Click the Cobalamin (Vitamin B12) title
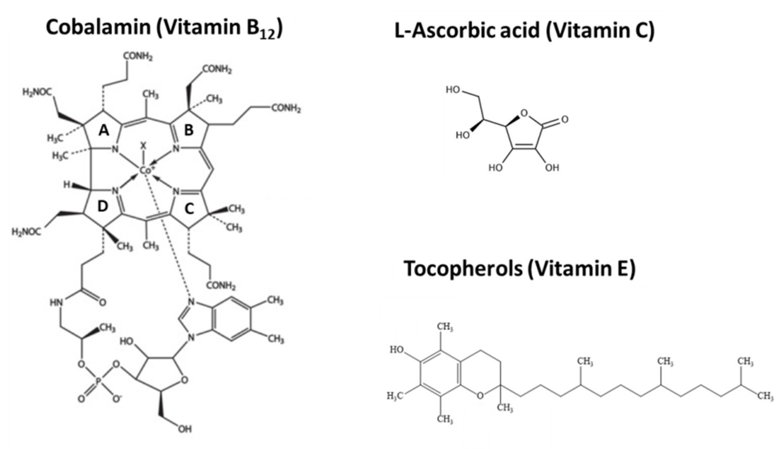tap(164, 28)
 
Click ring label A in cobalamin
tap(104, 131)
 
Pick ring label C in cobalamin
tap(189, 209)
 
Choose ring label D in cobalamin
tap(103, 206)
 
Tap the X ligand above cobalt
tap(143, 145)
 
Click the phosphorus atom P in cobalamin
tap(98, 381)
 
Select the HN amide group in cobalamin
tap(56, 302)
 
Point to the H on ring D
tap(66, 185)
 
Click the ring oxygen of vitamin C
tap(524, 114)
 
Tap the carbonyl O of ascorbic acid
tap(564, 119)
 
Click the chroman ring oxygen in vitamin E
tap(480, 396)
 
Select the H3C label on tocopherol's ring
tap(395, 396)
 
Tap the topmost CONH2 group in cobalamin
tap(138, 57)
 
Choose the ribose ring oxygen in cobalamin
tap(184, 380)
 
